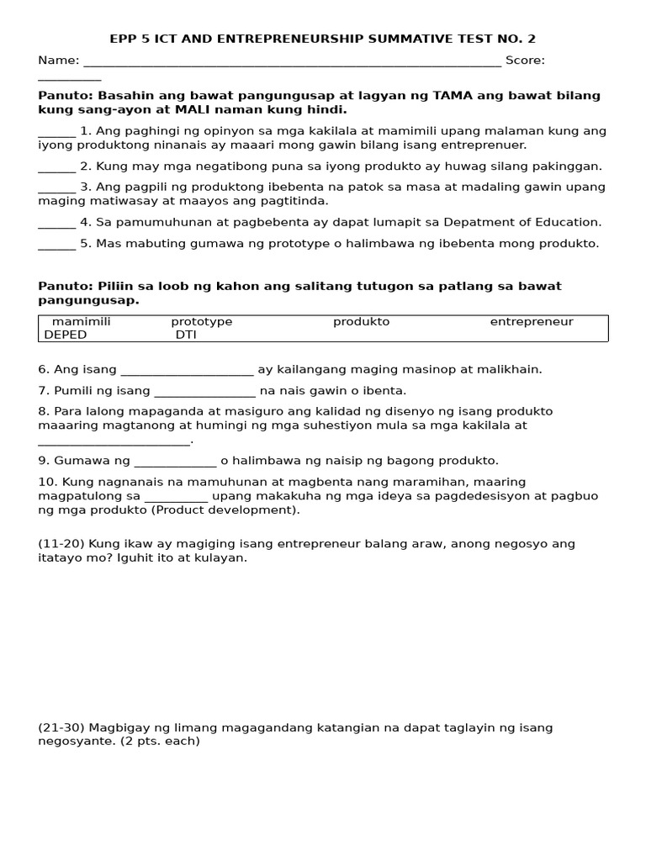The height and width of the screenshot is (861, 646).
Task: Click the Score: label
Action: pos(525,61)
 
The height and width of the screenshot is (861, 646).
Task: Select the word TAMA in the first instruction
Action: pos(451,96)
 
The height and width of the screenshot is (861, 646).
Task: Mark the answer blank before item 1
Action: pos(56,132)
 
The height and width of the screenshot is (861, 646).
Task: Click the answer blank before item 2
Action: pos(56,166)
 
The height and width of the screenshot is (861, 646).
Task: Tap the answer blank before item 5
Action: pos(56,244)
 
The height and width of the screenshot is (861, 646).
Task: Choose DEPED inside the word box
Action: pos(66,335)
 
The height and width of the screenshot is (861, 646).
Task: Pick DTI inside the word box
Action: pos(185,335)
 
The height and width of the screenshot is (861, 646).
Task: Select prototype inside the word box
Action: pos(202,322)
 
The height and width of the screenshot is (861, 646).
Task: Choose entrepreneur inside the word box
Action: pos(532,322)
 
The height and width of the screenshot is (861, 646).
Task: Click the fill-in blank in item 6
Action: pos(187,371)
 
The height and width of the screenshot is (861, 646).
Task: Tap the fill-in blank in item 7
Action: pos(204,392)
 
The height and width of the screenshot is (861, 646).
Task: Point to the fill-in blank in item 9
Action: pos(175,462)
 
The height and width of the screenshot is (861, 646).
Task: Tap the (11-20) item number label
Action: pos(61,544)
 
